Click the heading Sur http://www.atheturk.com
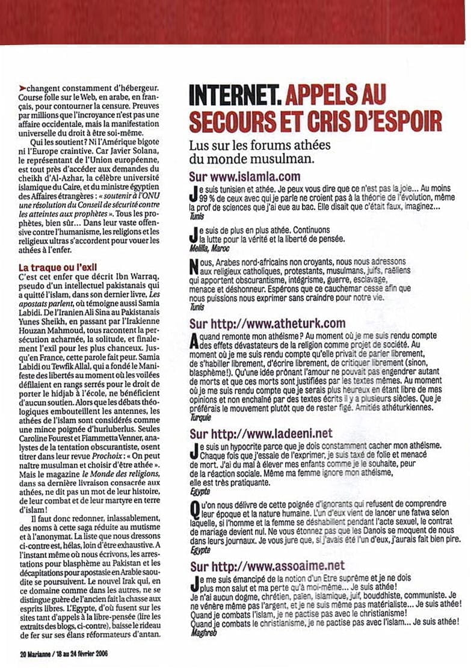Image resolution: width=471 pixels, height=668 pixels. (x=267, y=324)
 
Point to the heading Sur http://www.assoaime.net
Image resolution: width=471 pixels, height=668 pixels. (x=267, y=566)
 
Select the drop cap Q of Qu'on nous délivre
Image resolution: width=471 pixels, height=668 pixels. (x=194, y=510)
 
